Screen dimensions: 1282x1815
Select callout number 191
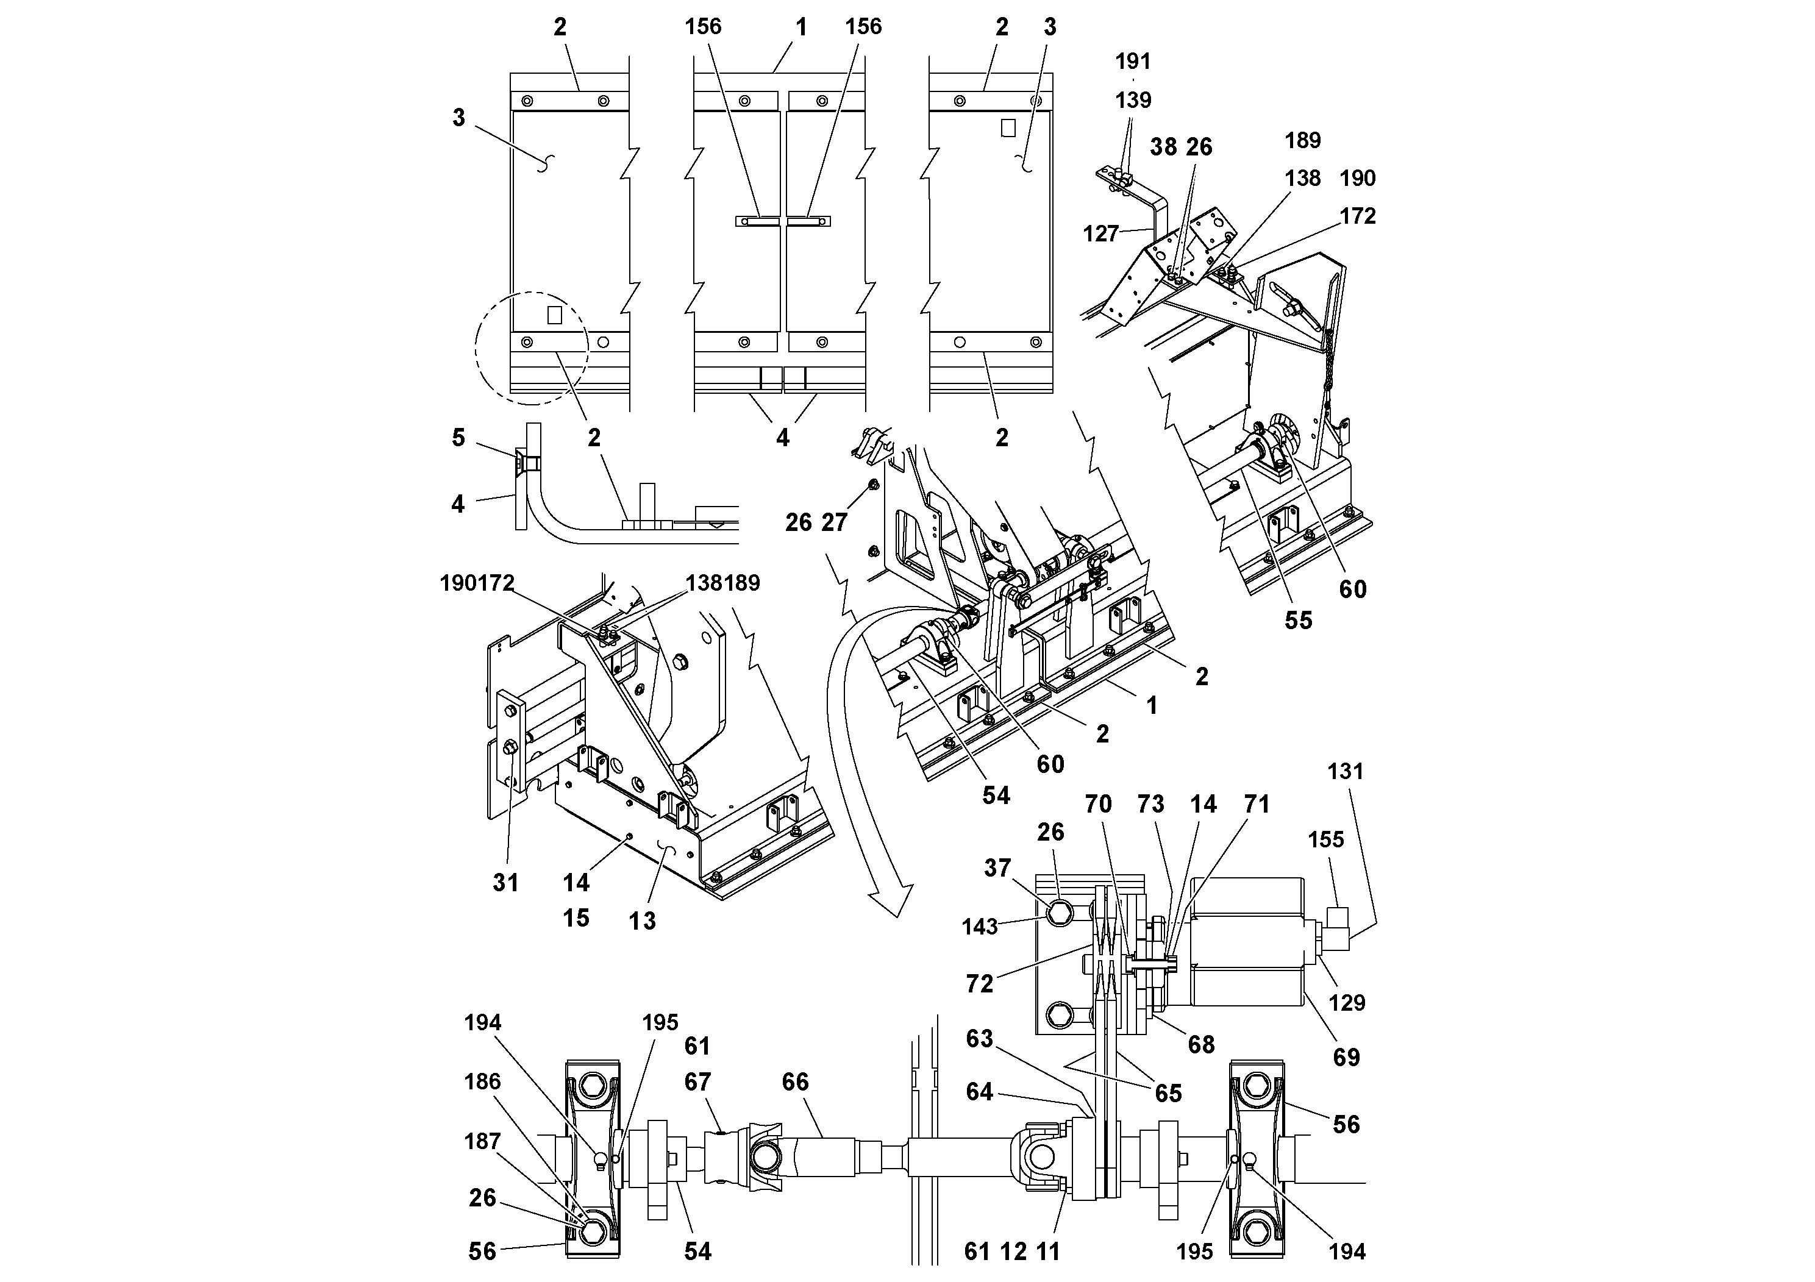[1133, 61]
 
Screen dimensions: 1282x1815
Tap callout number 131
[1345, 771]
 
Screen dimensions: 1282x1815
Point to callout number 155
[1325, 839]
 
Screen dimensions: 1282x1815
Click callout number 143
[979, 927]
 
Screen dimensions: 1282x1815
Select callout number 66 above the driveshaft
[795, 1081]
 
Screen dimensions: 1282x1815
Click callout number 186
[482, 1081]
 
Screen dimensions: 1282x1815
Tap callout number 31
[505, 882]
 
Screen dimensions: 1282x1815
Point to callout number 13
[642, 920]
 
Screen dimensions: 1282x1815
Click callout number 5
[458, 437]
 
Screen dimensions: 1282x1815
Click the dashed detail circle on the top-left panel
[531, 346]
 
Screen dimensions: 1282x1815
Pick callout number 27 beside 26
[834, 522]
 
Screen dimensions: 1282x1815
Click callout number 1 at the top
[801, 27]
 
